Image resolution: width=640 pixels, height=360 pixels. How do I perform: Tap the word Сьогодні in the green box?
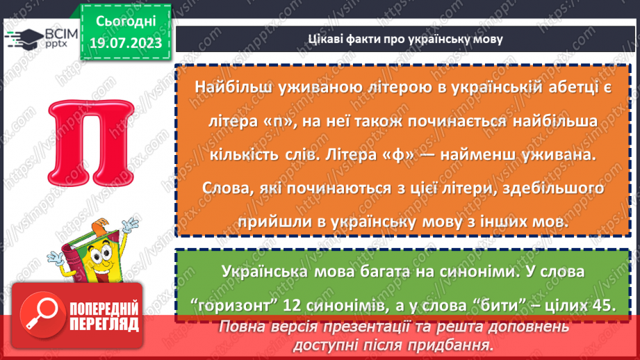[125, 22]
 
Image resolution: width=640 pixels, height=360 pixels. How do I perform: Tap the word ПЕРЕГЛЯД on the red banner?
[104, 323]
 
